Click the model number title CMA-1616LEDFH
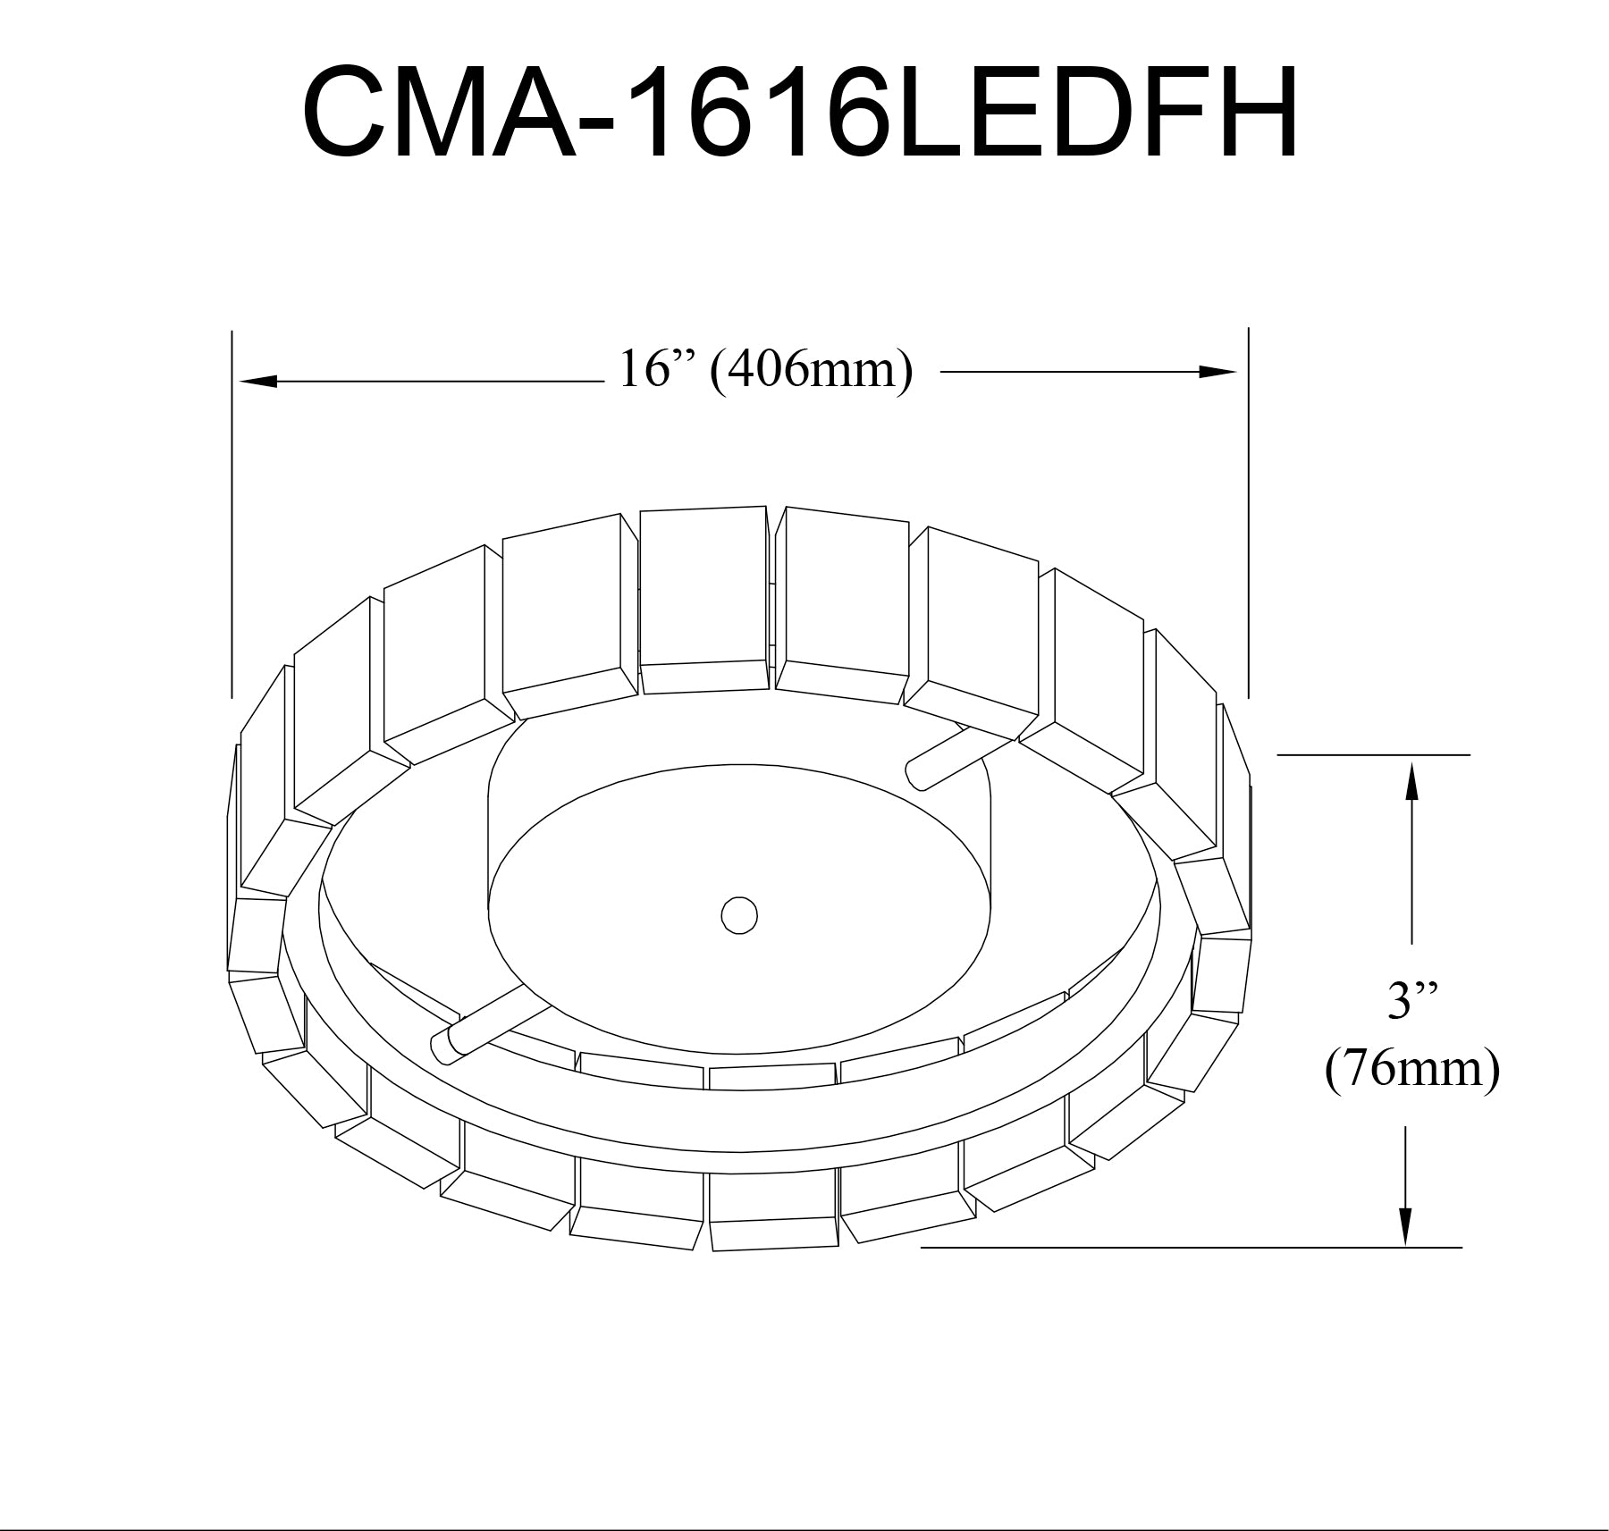(x=800, y=112)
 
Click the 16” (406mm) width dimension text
(x=766, y=369)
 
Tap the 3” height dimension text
(x=1411, y=1002)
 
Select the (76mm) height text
(x=1411, y=1069)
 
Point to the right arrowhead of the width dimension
(x=1217, y=372)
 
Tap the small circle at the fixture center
(x=739, y=916)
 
